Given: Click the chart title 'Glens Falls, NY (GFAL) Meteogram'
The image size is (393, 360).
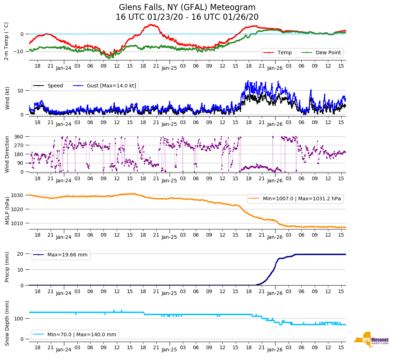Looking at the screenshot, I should (187, 7).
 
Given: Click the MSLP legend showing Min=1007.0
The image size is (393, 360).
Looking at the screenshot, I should (294, 199).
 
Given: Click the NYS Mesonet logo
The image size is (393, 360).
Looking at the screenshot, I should (371, 340).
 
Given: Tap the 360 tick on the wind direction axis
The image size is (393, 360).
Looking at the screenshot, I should (19, 137).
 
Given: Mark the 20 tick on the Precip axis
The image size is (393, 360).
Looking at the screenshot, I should (21, 254).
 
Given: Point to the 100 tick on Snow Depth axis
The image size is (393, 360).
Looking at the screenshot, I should (19, 319).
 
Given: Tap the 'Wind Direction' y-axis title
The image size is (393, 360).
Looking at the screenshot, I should (7, 154).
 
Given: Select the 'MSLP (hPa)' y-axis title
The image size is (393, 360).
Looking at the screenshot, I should (7, 209).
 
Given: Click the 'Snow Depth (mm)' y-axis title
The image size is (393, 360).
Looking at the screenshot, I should (7, 323).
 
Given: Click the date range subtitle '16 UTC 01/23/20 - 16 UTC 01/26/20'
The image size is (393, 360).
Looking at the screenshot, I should (187, 17).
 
